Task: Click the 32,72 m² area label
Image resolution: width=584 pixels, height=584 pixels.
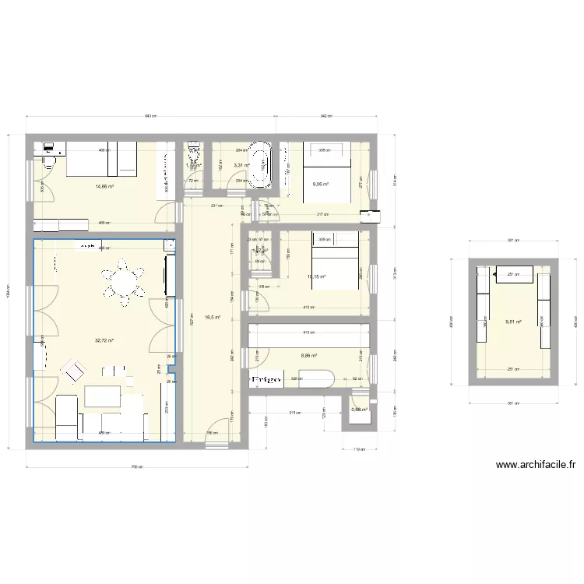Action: click(x=104, y=340)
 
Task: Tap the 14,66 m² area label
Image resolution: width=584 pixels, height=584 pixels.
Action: click(x=105, y=186)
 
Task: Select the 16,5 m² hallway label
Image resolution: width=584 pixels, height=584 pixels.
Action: click(x=213, y=318)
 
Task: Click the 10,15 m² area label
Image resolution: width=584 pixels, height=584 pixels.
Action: click(x=316, y=276)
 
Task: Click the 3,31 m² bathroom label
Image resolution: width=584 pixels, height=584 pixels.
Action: click(x=240, y=165)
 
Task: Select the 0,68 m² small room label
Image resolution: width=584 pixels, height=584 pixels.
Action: click(x=359, y=410)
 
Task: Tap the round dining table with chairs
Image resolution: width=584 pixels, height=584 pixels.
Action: click(x=125, y=281)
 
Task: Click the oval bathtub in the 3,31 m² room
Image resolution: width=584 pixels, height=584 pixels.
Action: click(x=260, y=164)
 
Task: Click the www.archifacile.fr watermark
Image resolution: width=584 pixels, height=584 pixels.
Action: click(x=537, y=466)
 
